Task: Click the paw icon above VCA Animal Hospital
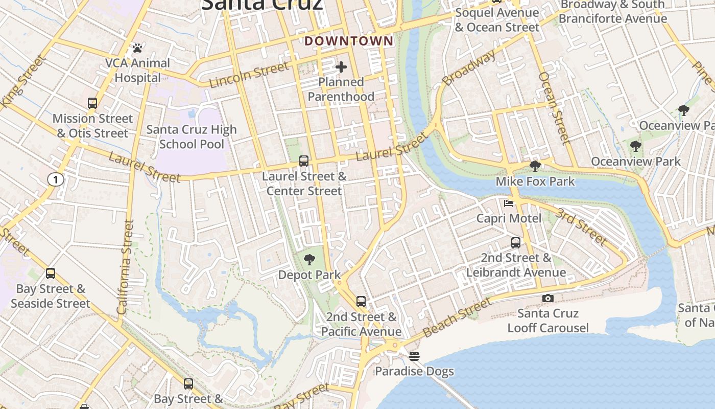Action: [137, 48]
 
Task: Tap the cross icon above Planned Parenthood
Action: [341, 67]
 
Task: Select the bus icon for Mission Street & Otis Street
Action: [92, 103]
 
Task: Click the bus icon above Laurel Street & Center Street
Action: [304, 161]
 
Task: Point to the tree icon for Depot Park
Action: [309, 260]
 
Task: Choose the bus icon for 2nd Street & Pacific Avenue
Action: [361, 302]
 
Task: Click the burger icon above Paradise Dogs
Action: [414, 356]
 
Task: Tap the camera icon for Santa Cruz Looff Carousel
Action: [547, 298]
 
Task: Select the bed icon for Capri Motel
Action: [509, 203]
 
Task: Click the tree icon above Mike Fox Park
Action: [535, 166]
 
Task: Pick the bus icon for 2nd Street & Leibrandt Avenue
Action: [516, 242]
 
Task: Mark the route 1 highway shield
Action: [55, 179]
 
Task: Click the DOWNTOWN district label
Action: [349, 41]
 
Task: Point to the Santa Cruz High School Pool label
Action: [192, 137]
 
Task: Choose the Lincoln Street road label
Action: [249, 75]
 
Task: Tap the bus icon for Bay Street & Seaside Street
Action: [50, 274]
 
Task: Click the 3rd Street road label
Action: [581, 226]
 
